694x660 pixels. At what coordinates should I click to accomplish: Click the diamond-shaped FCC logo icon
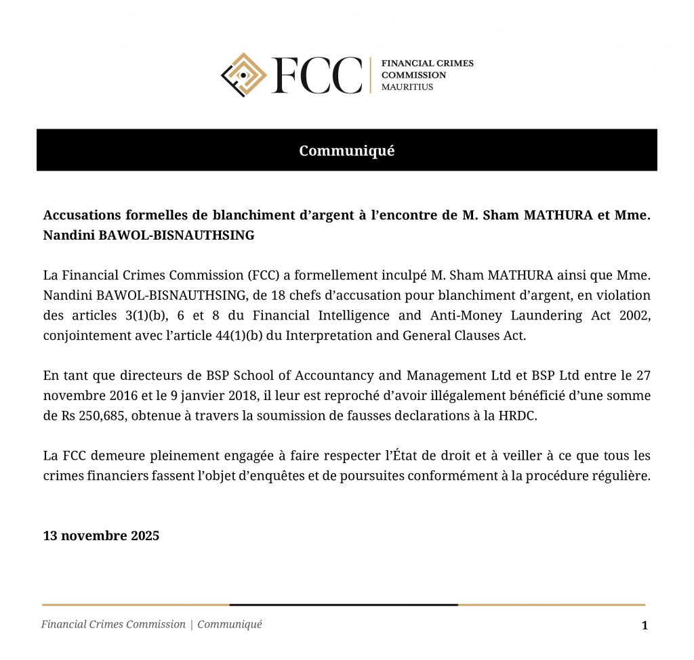click(244, 74)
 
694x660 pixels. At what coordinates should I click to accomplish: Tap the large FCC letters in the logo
click(317, 75)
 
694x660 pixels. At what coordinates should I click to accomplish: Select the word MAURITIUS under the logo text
click(407, 87)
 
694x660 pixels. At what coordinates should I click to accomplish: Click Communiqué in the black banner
click(346, 150)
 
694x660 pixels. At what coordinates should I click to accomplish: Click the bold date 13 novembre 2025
click(101, 535)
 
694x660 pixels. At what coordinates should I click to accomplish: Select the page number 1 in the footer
click(645, 625)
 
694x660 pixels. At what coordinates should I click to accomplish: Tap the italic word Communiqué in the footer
click(230, 624)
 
